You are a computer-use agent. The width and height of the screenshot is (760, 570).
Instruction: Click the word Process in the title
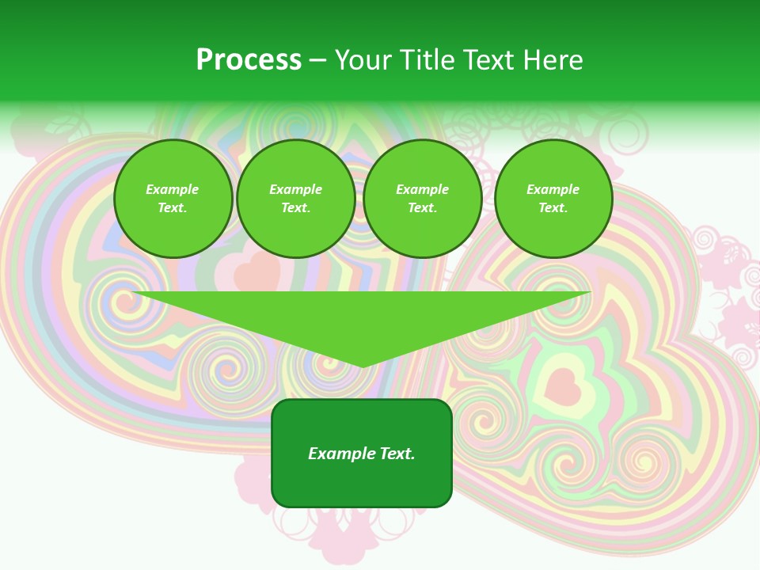coord(249,60)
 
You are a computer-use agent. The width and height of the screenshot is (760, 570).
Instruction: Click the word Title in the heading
coord(424,60)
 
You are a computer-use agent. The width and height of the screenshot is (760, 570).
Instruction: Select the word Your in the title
coord(365,60)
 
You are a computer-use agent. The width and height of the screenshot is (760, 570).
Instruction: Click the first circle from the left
coord(173,199)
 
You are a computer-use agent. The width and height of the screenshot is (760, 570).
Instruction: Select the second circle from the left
coord(296,199)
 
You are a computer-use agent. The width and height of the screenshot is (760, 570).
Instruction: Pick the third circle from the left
coord(423,199)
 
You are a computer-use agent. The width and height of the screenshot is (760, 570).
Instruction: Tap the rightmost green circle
coord(553,199)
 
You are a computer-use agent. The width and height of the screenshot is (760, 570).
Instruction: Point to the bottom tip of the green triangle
coord(363,367)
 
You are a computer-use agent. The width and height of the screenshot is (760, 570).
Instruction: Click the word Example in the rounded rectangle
coord(341,454)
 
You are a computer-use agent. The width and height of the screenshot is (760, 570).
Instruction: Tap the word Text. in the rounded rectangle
coord(397,454)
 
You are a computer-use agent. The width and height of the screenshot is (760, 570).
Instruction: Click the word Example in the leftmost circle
coord(173,189)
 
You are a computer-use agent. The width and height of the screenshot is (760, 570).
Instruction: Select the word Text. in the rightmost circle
coord(553,208)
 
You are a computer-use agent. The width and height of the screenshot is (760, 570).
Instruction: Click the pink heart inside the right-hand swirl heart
coord(563,386)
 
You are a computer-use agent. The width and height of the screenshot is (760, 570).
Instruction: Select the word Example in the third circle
coord(423,189)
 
